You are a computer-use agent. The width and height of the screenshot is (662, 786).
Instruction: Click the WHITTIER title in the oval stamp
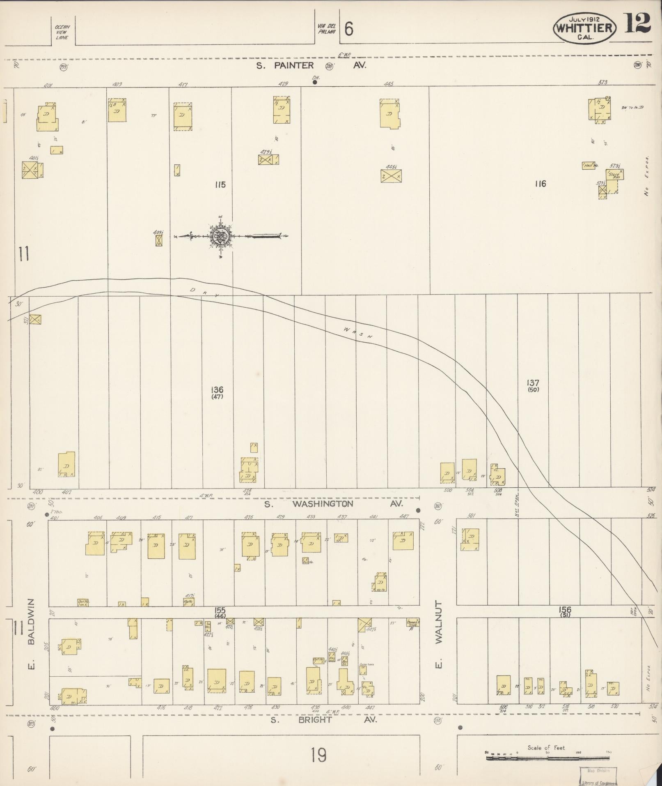584,28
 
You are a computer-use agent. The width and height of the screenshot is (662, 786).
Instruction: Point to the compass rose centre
220,236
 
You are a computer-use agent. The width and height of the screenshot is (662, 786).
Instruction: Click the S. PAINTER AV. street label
311,65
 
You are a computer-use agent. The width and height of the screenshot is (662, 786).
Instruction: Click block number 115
220,185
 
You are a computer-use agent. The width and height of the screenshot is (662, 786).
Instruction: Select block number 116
540,184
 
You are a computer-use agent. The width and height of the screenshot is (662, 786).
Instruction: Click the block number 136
217,389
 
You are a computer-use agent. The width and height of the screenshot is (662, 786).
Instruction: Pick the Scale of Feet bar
548,757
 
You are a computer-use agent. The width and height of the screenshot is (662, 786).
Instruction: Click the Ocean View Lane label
63,32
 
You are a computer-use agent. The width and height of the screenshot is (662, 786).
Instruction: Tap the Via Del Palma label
327,29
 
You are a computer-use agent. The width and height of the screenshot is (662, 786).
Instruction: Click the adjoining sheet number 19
318,755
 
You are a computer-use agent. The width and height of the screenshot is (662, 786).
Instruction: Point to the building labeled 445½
391,176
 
